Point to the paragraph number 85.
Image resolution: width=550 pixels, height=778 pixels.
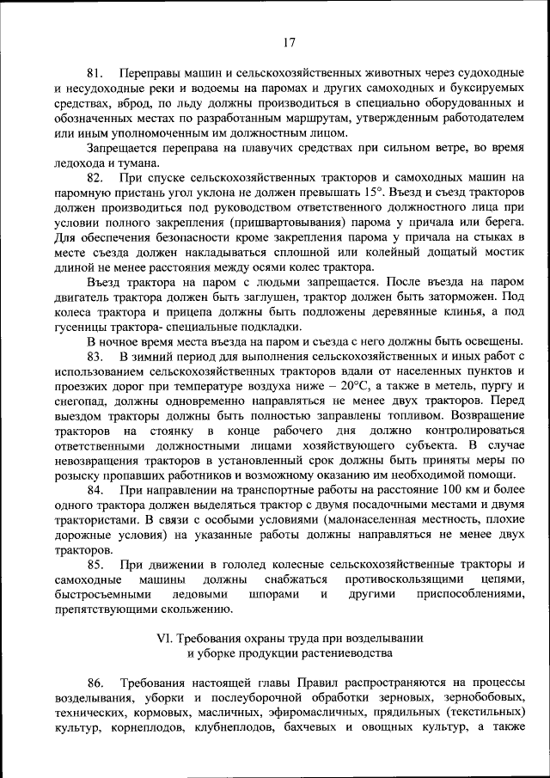[95, 564]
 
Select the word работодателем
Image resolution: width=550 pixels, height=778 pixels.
[477, 117]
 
